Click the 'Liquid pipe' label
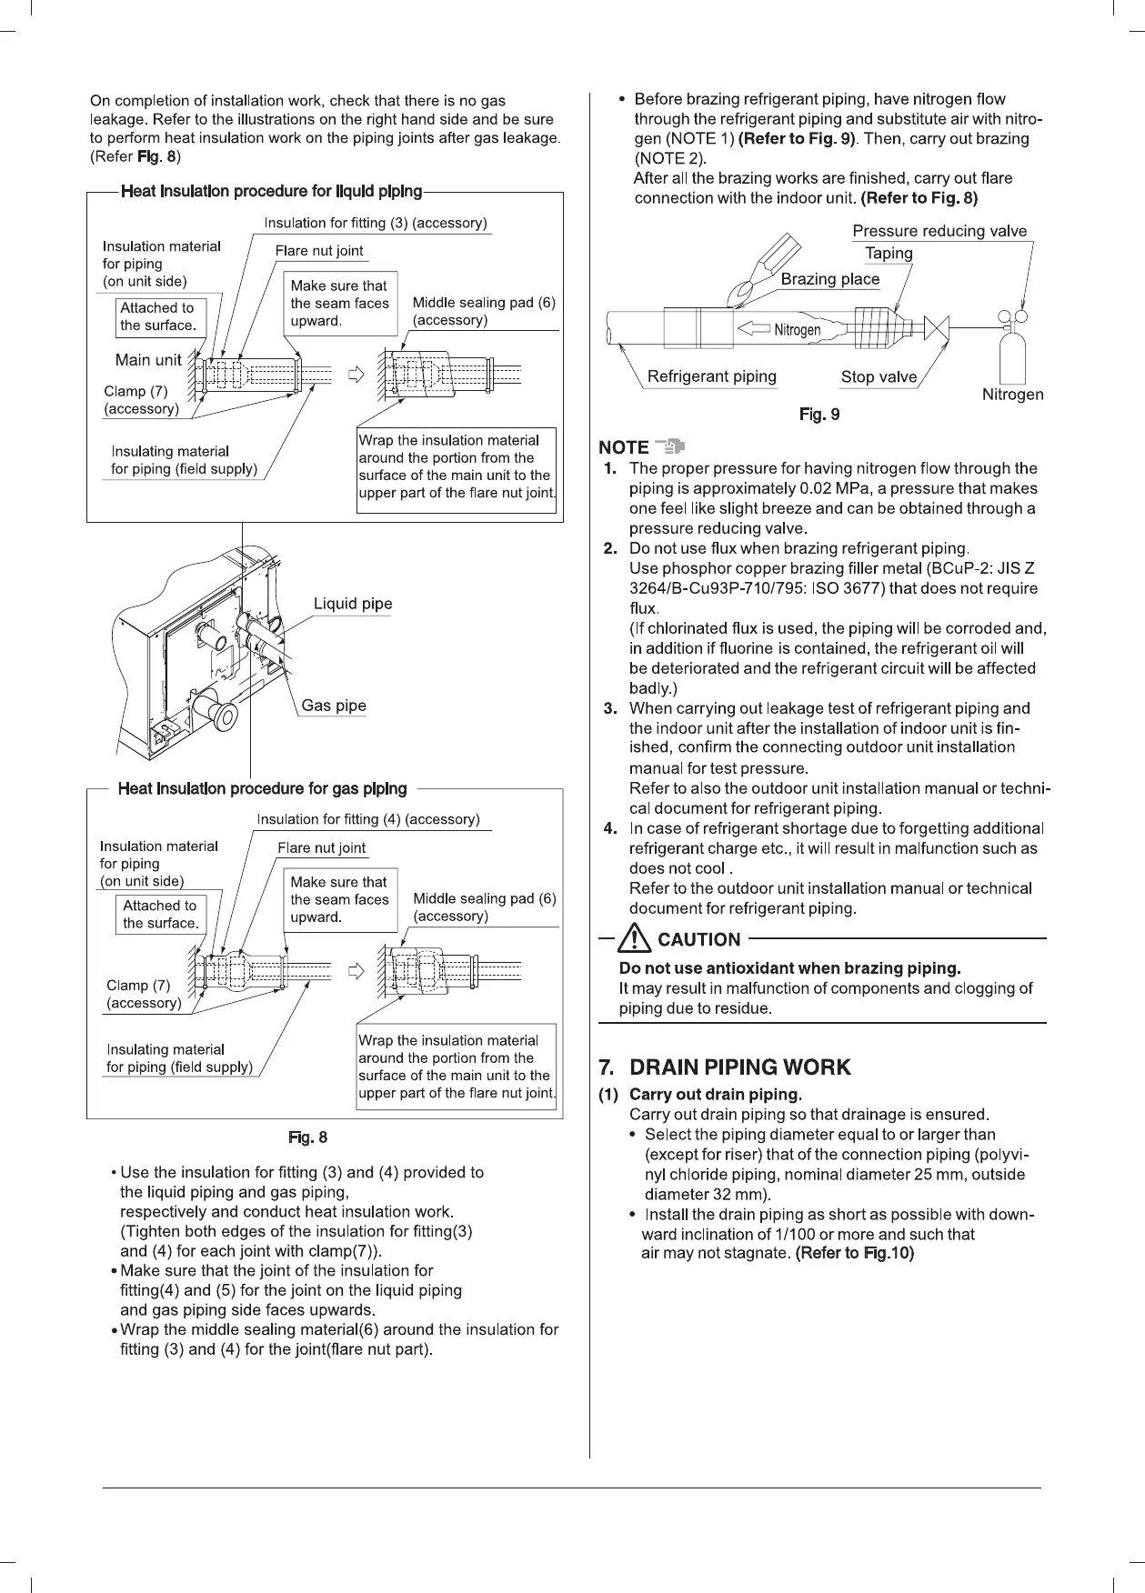(353, 605)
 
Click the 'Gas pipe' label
(334, 706)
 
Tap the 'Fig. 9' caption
(819, 415)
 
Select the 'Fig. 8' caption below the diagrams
(307, 1137)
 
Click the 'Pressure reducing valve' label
(939, 231)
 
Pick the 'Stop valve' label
(879, 376)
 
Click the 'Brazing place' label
(830, 279)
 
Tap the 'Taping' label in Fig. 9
(889, 254)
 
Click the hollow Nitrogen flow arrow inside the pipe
(753, 329)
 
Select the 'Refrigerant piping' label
(711, 376)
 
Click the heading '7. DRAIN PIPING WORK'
(724, 1067)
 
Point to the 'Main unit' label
(148, 360)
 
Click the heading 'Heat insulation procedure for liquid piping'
(271, 191)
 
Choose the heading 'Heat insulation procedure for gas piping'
(262, 788)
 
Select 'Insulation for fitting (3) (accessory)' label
(376, 223)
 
